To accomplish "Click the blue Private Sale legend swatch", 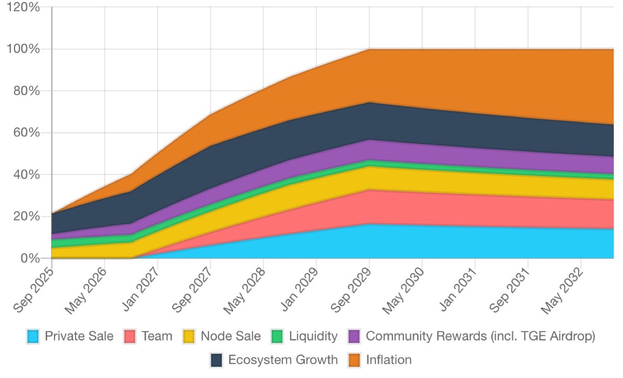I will pos(34,336).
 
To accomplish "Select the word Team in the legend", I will pos(157,336).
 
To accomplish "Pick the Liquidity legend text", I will pos(313,336).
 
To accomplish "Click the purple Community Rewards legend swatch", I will pos(354,336).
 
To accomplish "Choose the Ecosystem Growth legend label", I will pos(283,360).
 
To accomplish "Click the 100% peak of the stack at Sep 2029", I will pos(369,49).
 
